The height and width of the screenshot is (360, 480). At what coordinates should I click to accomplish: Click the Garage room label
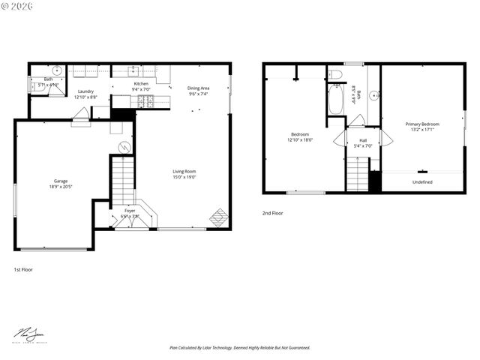pos(60,181)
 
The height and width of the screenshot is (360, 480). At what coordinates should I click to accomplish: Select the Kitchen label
pos(141,84)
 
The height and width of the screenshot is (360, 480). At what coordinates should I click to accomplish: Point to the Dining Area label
pos(198,88)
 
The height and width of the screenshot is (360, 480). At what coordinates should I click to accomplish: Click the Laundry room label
pos(85,91)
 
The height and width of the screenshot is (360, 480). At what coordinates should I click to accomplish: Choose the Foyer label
pos(130,211)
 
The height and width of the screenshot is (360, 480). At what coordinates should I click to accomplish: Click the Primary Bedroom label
pos(422,124)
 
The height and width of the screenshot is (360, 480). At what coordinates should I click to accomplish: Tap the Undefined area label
pos(422,181)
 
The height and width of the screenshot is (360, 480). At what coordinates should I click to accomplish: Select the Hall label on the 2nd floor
pos(363,140)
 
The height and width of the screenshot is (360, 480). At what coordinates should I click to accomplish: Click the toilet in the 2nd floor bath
pos(335,74)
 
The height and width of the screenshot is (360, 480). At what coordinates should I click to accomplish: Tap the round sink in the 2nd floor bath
pos(373,95)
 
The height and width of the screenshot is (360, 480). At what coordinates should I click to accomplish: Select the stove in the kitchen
pos(148,101)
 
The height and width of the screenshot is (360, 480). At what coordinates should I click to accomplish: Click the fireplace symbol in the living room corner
pos(218,217)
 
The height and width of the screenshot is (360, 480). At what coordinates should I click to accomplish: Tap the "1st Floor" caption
pos(23,268)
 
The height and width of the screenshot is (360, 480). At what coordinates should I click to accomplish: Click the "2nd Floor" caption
pos(272,213)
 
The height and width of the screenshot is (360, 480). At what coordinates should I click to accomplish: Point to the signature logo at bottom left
pos(28,334)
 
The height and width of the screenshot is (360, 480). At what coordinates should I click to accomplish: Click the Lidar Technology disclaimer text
pos(239,348)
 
